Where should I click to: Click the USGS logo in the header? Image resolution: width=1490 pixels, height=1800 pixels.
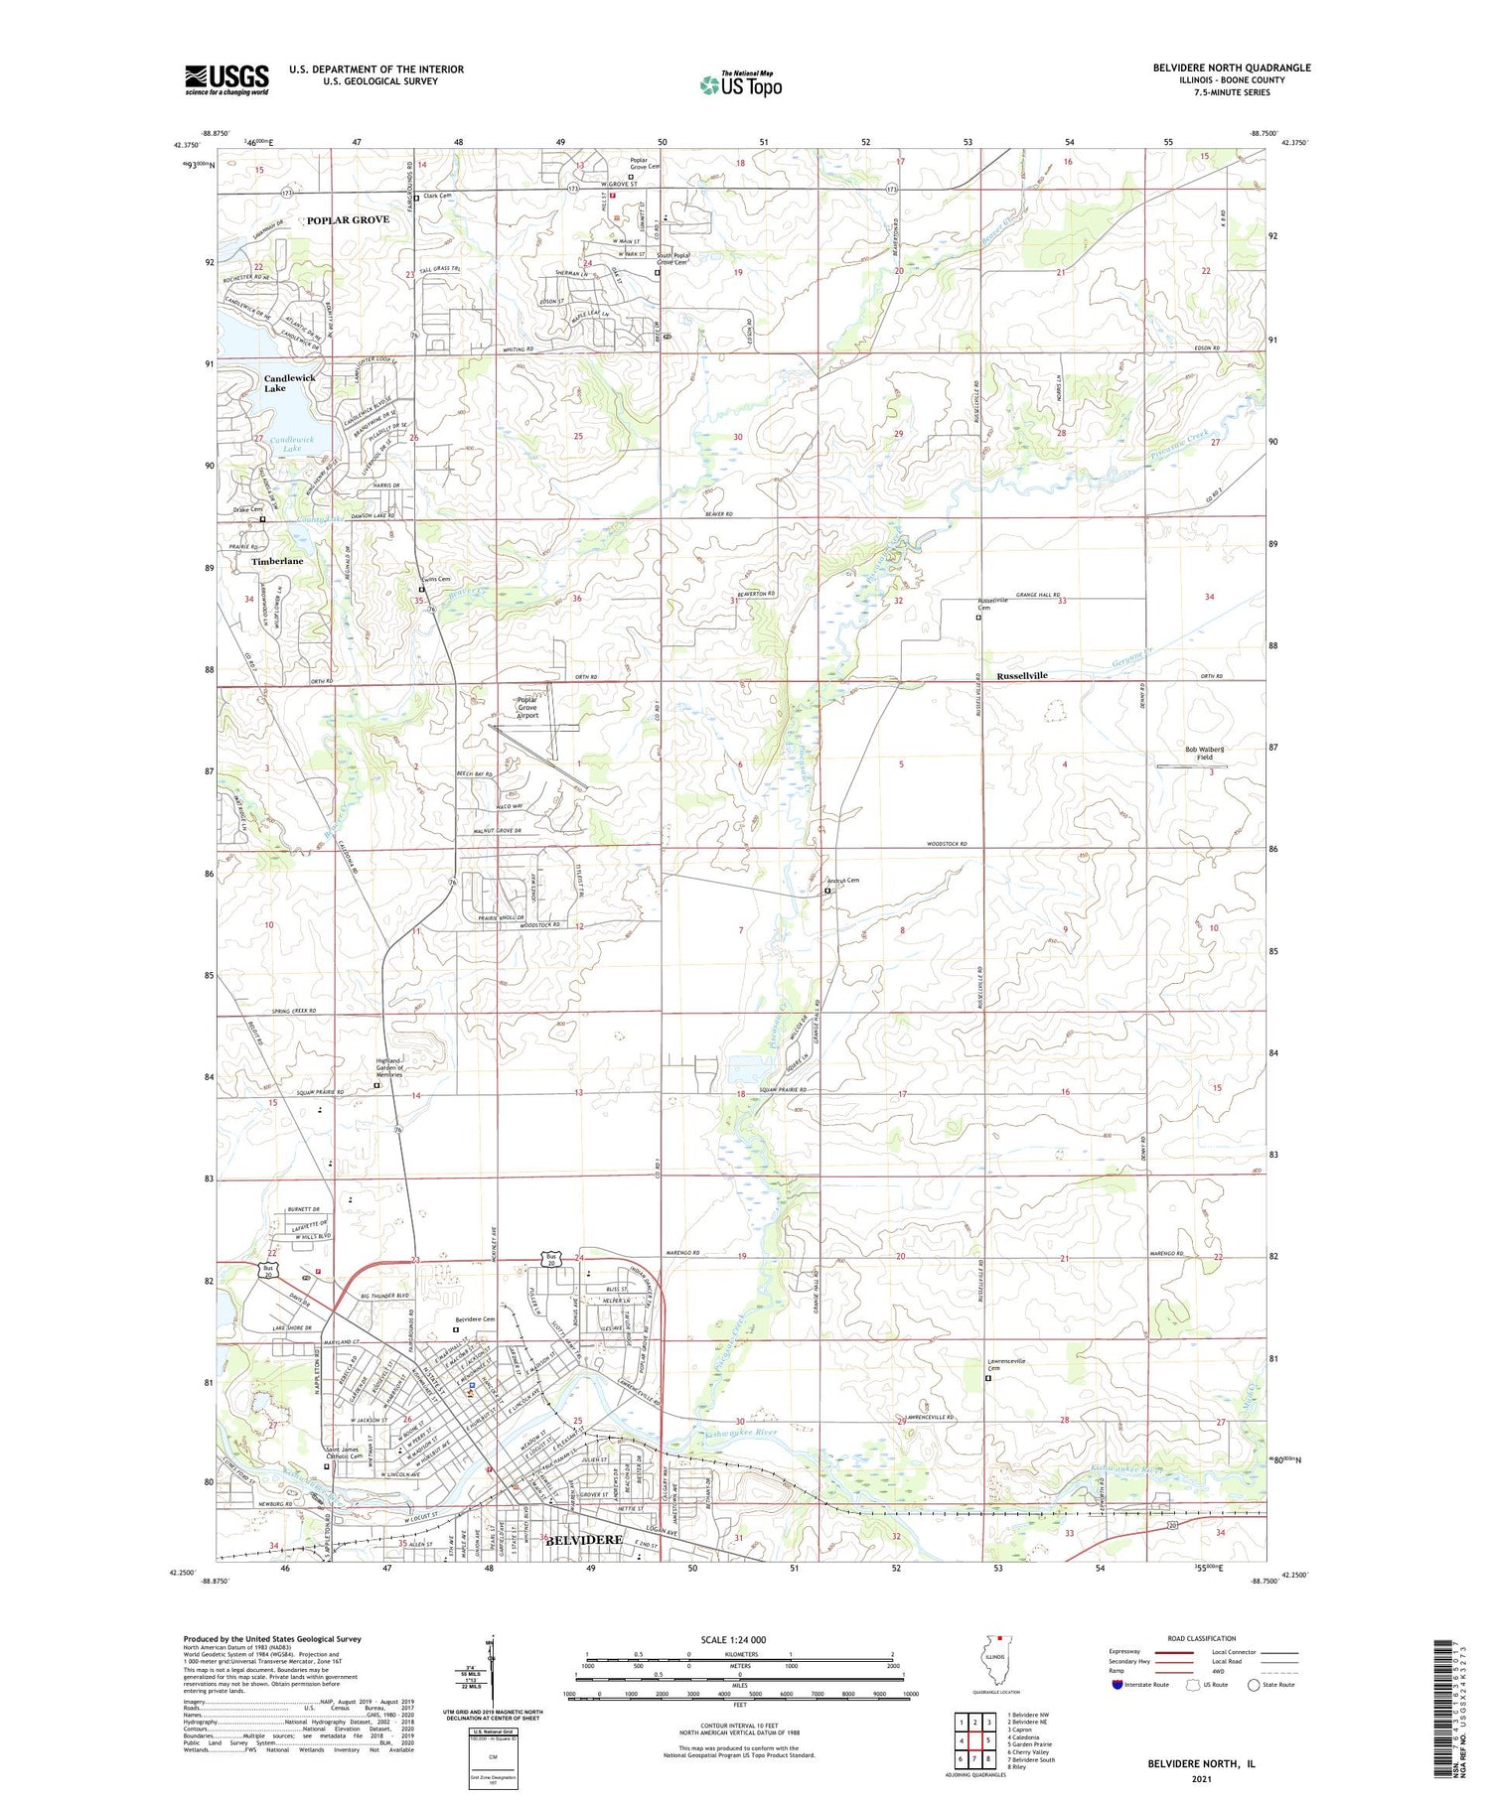point(226,79)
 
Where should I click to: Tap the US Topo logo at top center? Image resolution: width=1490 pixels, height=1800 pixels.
point(740,85)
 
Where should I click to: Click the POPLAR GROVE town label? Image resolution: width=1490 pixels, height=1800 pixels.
point(348,219)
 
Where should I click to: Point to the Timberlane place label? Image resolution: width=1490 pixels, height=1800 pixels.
point(277,561)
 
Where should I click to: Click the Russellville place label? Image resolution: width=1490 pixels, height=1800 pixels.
point(1022,675)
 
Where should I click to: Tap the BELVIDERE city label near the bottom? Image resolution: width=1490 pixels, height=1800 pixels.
point(584,1539)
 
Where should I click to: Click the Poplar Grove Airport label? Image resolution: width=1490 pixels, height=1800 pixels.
point(527,707)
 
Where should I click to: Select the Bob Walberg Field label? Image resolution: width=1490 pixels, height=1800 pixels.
point(1204,753)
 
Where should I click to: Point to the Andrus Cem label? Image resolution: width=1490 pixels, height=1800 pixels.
point(842,880)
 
